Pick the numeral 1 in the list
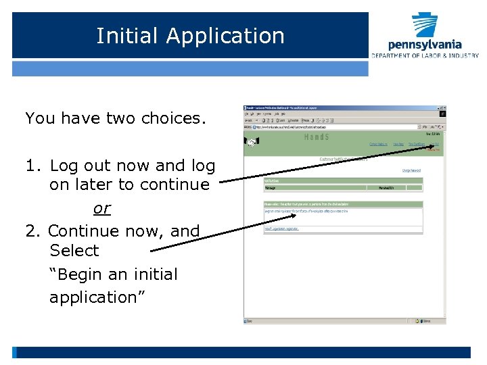(30, 166)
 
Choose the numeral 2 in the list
(31, 231)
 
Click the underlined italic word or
(101, 208)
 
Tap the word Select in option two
(74, 251)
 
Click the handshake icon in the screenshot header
(252, 143)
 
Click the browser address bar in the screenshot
(338, 126)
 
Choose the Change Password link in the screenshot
(411, 170)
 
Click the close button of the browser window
(443, 108)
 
